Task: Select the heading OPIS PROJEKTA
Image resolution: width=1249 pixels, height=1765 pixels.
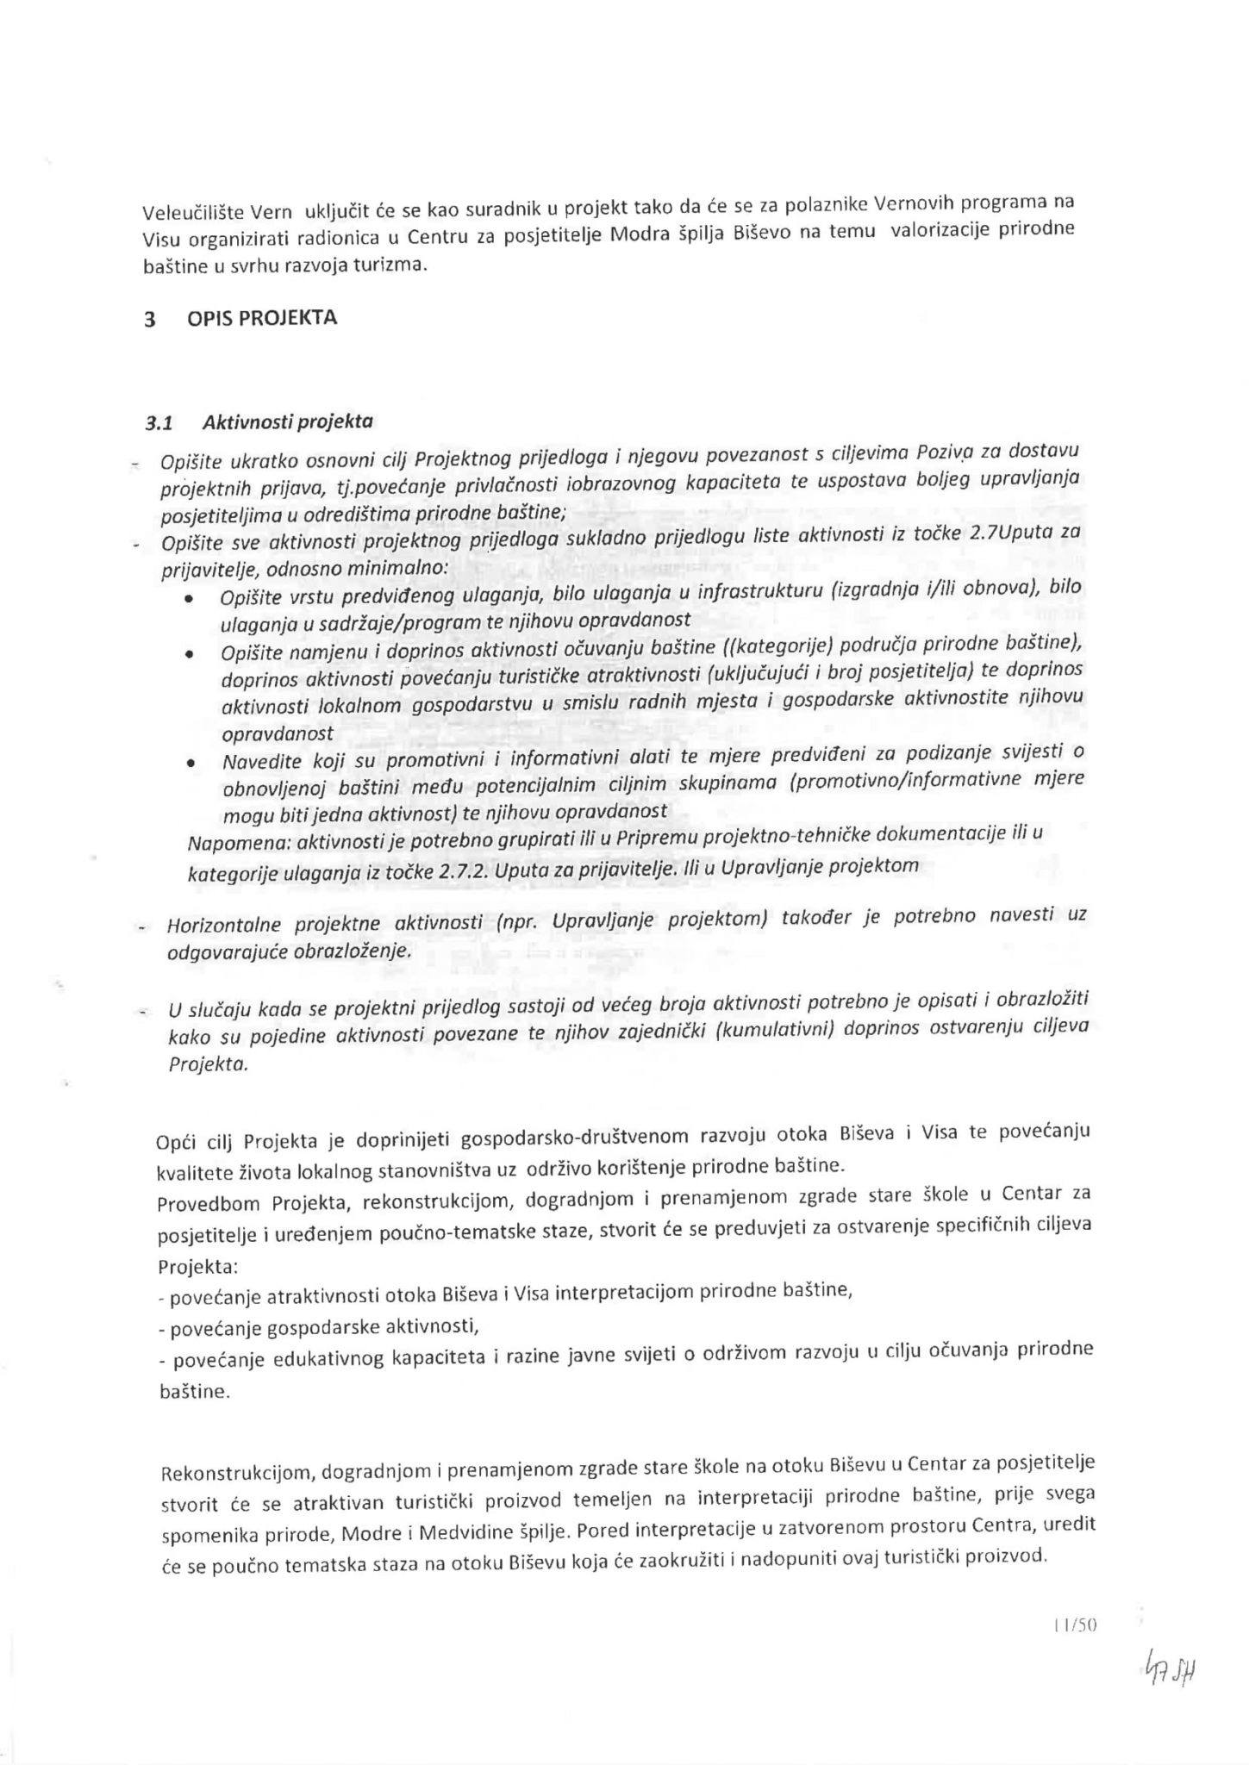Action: pos(262,318)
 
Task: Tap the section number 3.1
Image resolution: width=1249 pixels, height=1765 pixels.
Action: pos(159,424)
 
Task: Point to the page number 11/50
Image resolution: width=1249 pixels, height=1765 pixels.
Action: pos(1074,1625)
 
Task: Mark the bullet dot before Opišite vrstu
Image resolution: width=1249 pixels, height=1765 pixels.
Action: pos(189,601)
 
